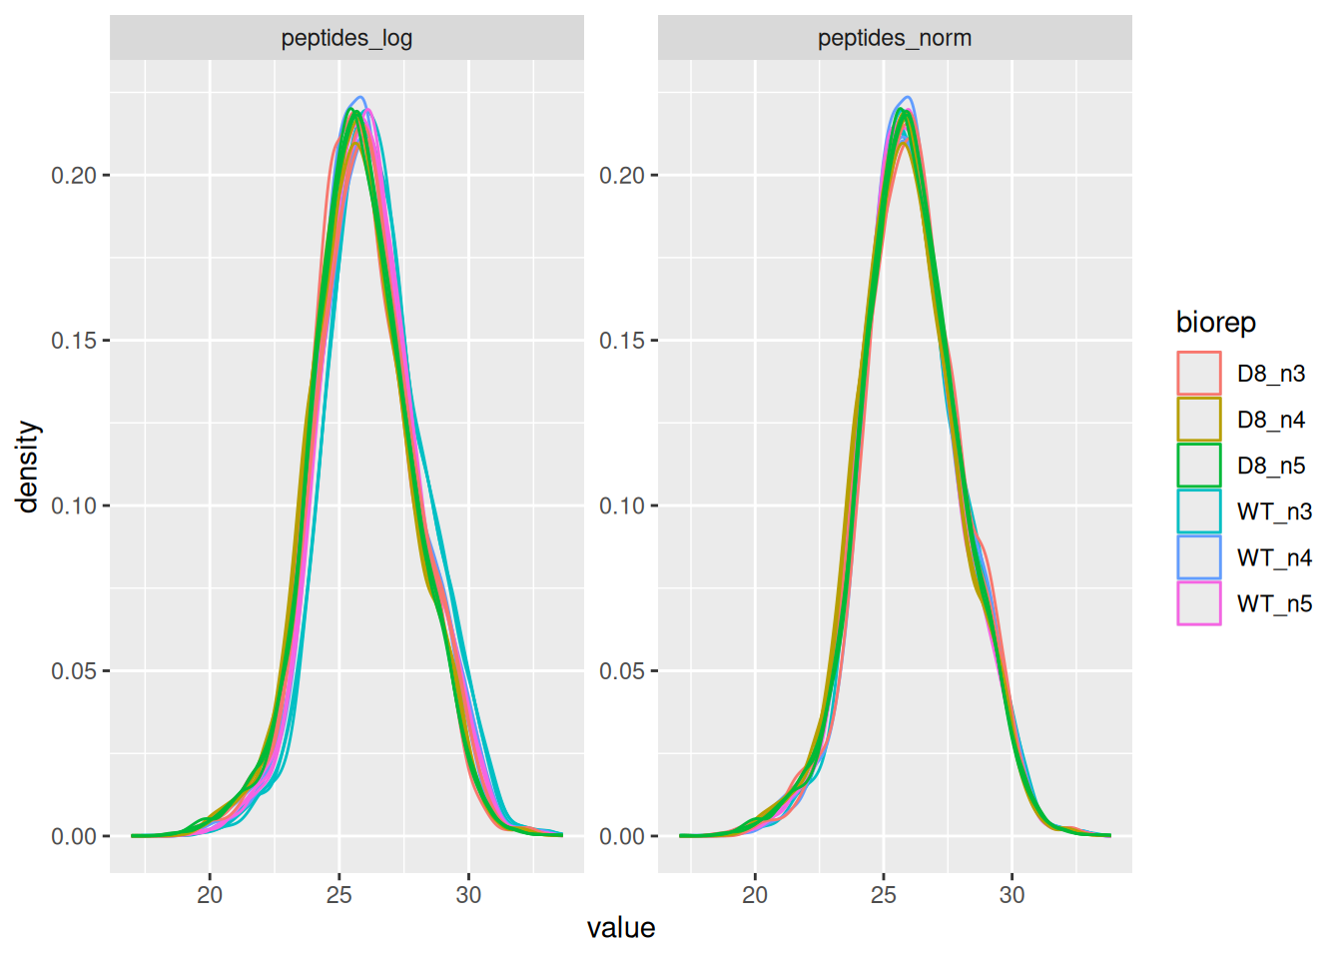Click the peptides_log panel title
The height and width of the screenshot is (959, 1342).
(346, 38)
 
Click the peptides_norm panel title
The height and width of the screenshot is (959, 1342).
(895, 38)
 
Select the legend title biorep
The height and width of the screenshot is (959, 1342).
(1215, 323)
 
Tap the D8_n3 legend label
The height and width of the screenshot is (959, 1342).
(1271, 374)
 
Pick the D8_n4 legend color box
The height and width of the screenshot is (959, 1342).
(1198, 420)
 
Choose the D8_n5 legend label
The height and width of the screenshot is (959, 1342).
(1271, 466)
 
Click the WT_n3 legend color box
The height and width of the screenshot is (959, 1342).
(1198, 511)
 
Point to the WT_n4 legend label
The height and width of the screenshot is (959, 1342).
(1274, 557)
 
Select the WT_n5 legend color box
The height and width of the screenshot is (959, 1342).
(1198, 603)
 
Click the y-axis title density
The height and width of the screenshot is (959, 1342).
(28, 467)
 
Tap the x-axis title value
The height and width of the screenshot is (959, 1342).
(621, 928)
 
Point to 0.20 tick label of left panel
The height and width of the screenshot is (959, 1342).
(74, 176)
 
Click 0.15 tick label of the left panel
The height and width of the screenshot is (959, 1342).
(74, 341)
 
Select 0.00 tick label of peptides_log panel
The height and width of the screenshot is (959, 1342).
(74, 837)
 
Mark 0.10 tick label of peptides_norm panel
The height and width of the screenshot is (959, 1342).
(622, 506)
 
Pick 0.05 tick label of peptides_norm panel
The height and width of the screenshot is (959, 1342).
(622, 671)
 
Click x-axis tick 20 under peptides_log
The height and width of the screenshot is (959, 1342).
(210, 895)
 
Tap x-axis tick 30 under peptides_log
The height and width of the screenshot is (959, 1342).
(468, 895)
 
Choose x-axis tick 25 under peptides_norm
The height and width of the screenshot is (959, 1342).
(884, 895)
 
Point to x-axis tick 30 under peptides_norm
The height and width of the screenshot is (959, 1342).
(1012, 895)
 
